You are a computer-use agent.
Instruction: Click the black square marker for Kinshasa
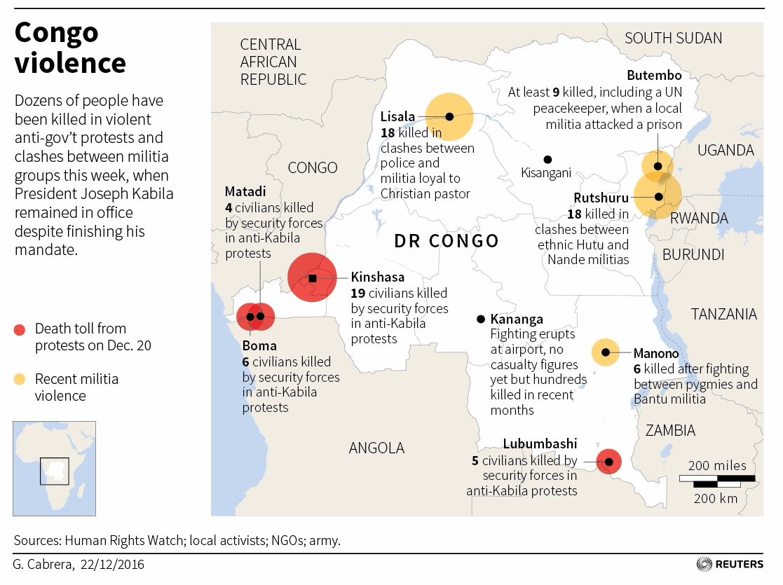pos(313,278)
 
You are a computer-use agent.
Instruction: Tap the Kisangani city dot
pos(547,160)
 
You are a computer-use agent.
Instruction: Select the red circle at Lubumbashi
pos(608,462)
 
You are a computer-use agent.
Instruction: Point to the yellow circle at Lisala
pos(449,117)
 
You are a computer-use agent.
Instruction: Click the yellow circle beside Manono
pos(605,352)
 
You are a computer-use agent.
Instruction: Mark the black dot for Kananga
pos(481,319)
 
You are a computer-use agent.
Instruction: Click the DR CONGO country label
pos(447,241)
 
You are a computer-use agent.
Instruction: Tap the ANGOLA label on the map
pos(376,448)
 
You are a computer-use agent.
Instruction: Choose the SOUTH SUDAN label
pos(673,39)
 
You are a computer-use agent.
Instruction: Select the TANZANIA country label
pos(724,314)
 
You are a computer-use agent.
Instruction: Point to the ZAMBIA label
pos(670,430)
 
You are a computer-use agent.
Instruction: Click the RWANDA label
pos(699,218)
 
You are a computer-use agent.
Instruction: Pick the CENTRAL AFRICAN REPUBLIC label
pos(273,62)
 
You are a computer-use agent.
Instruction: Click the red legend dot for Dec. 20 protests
pos(20,329)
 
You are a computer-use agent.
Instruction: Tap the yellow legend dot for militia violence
pos(20,380)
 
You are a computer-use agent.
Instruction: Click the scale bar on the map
pos(716,480)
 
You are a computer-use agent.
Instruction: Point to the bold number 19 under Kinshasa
pos(358,293)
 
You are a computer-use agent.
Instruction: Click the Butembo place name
pos(654,75)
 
